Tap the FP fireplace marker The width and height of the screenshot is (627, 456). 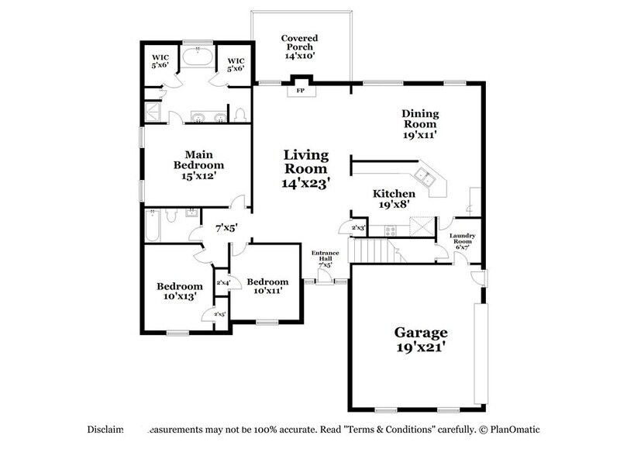(300, 89)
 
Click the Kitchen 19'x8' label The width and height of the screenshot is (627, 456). (394, 199)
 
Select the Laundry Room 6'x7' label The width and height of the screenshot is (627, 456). (468, 240)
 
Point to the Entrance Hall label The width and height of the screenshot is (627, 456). (324, 259)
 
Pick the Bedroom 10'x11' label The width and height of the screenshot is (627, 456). (267, 286)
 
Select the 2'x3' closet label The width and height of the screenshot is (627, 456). (358, 228)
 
